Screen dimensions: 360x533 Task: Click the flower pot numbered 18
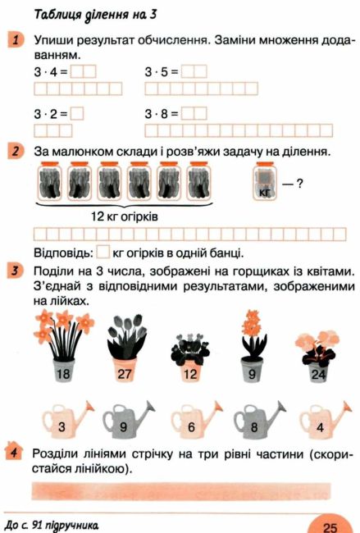[64, 371]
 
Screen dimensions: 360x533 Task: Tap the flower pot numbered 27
[125, 370]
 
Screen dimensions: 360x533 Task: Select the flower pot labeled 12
[190, 371]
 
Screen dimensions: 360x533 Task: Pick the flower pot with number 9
[252, 370]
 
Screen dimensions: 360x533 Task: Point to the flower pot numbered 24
[319, 372]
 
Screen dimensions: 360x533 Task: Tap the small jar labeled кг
[265, 181]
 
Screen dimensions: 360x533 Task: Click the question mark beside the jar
[299, 184]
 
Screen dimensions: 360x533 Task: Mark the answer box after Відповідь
[103, 253]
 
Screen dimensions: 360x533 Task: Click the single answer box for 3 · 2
[77, 113]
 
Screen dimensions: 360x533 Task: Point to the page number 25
[330, 527]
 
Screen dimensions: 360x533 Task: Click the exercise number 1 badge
[16, 40]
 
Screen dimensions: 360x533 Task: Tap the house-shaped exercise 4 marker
[14, 452]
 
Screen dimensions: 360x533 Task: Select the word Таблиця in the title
[57, 15]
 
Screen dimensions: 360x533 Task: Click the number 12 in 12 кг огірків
[98, 216]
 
